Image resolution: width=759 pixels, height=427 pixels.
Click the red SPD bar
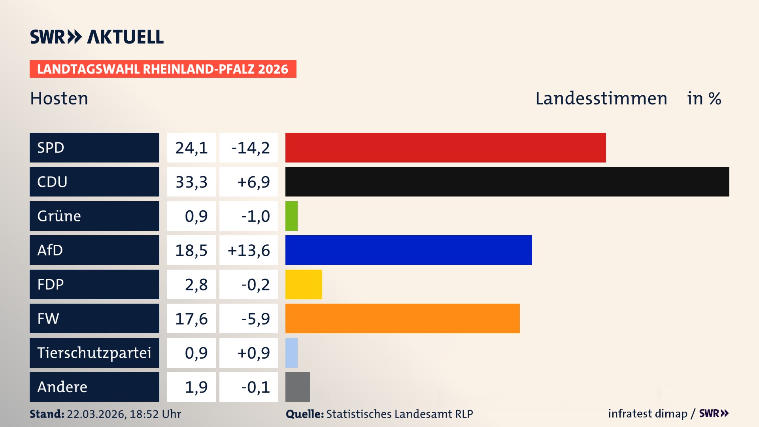[x=446, y=147]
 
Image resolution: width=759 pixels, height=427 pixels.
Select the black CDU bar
[x=507, y=182]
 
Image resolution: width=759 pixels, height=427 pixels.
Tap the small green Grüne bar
[x=291, y=216]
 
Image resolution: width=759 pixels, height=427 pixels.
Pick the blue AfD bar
[x=408, y=250]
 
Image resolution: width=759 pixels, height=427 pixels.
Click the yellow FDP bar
[x=304, y=284]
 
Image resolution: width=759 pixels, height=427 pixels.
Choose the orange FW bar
[x=402, y=318]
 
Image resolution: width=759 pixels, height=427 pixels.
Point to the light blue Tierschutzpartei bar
[x=291, y=353]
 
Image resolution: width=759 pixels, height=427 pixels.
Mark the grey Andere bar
[x=297, y=387]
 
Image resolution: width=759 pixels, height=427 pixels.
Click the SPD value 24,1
[x=191, y=148]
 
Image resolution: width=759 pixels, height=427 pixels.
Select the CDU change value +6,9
[x=253, y=182]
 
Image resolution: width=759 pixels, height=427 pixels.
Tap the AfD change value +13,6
[x=249, y=250]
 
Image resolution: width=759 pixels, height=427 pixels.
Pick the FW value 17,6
[x=191, y=319]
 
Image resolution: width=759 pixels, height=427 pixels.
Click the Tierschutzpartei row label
[x=94, y=353]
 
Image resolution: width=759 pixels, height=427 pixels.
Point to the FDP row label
[x=51, y=284]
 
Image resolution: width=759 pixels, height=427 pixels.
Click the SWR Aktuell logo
[x=97, y=37]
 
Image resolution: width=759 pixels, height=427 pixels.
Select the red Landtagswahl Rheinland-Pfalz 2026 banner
[x=162, y=69]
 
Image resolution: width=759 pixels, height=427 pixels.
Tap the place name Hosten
[x=59, y=98]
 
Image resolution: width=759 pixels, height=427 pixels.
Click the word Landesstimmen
[x=601, y=98]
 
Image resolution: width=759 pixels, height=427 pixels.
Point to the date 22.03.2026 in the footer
[x=96, y=414]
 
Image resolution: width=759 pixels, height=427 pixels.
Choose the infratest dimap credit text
[x=648, y=414]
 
